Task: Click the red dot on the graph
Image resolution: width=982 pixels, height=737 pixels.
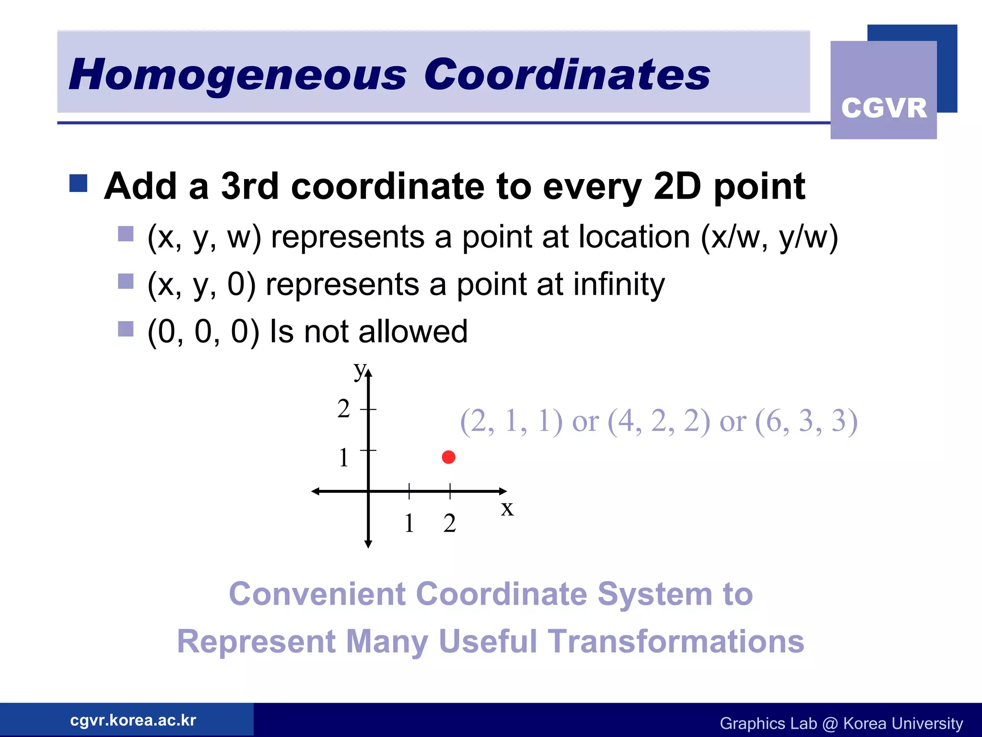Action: [x=448, y=457]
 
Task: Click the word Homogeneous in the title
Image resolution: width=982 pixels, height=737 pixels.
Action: [x=238, y=75]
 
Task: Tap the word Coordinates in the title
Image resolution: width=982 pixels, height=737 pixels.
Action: [x=567, y=75]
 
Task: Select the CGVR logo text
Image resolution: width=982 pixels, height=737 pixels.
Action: [x=884, y=108]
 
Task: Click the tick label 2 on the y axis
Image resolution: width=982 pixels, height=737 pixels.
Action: [x=343, y=409]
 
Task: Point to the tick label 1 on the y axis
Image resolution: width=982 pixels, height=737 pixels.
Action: [x=343, y=458]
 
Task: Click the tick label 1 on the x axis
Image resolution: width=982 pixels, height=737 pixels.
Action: [x=409, y=523]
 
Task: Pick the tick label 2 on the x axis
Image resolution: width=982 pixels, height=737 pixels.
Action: [x=449, y=523]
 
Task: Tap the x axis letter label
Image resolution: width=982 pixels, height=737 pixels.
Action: [x=507, y=509]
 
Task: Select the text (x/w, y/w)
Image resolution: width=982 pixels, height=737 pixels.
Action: [x=769, y=237]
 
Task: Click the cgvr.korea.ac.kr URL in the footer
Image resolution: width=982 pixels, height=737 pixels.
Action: [x=133, y=720]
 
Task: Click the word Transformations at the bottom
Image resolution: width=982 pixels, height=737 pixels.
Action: [x=676, y=642]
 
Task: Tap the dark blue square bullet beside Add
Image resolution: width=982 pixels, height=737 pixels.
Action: [x=78, y=183]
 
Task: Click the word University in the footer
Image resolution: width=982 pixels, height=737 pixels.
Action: [x=927, y=723]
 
